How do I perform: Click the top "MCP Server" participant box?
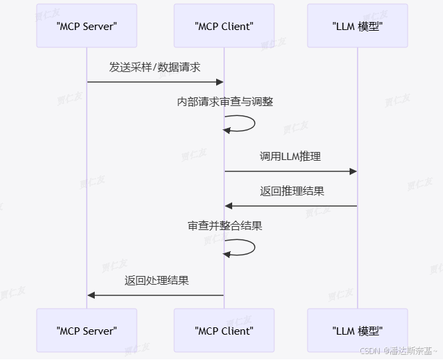coord(87,26)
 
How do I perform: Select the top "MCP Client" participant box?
coord(224,26)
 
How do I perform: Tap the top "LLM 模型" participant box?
coord(358,26)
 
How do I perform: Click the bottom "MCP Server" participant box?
coord(87,330)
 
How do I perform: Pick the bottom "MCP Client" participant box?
coord(224,330)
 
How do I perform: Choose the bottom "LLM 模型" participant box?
coord(358,330)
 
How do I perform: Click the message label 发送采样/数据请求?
coord(155,67)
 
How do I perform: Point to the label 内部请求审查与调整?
coord(225,102)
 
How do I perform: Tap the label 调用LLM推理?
coord(290,157)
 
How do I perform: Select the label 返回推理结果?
coord(292,191)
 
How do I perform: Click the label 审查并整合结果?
coord(225,226)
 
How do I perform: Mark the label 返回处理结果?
coord(156,281)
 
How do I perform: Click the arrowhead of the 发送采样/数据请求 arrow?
coord(219,82)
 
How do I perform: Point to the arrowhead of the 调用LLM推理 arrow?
coord(353,171)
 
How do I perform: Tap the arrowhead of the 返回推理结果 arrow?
coord(229,206)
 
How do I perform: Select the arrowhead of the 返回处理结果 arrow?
coord(91,295)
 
